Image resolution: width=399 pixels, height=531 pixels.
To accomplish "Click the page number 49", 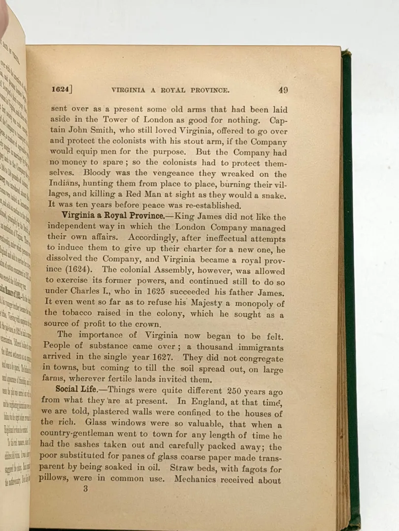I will coord(283,90).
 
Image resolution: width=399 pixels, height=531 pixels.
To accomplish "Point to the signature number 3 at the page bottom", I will coord(85,489).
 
